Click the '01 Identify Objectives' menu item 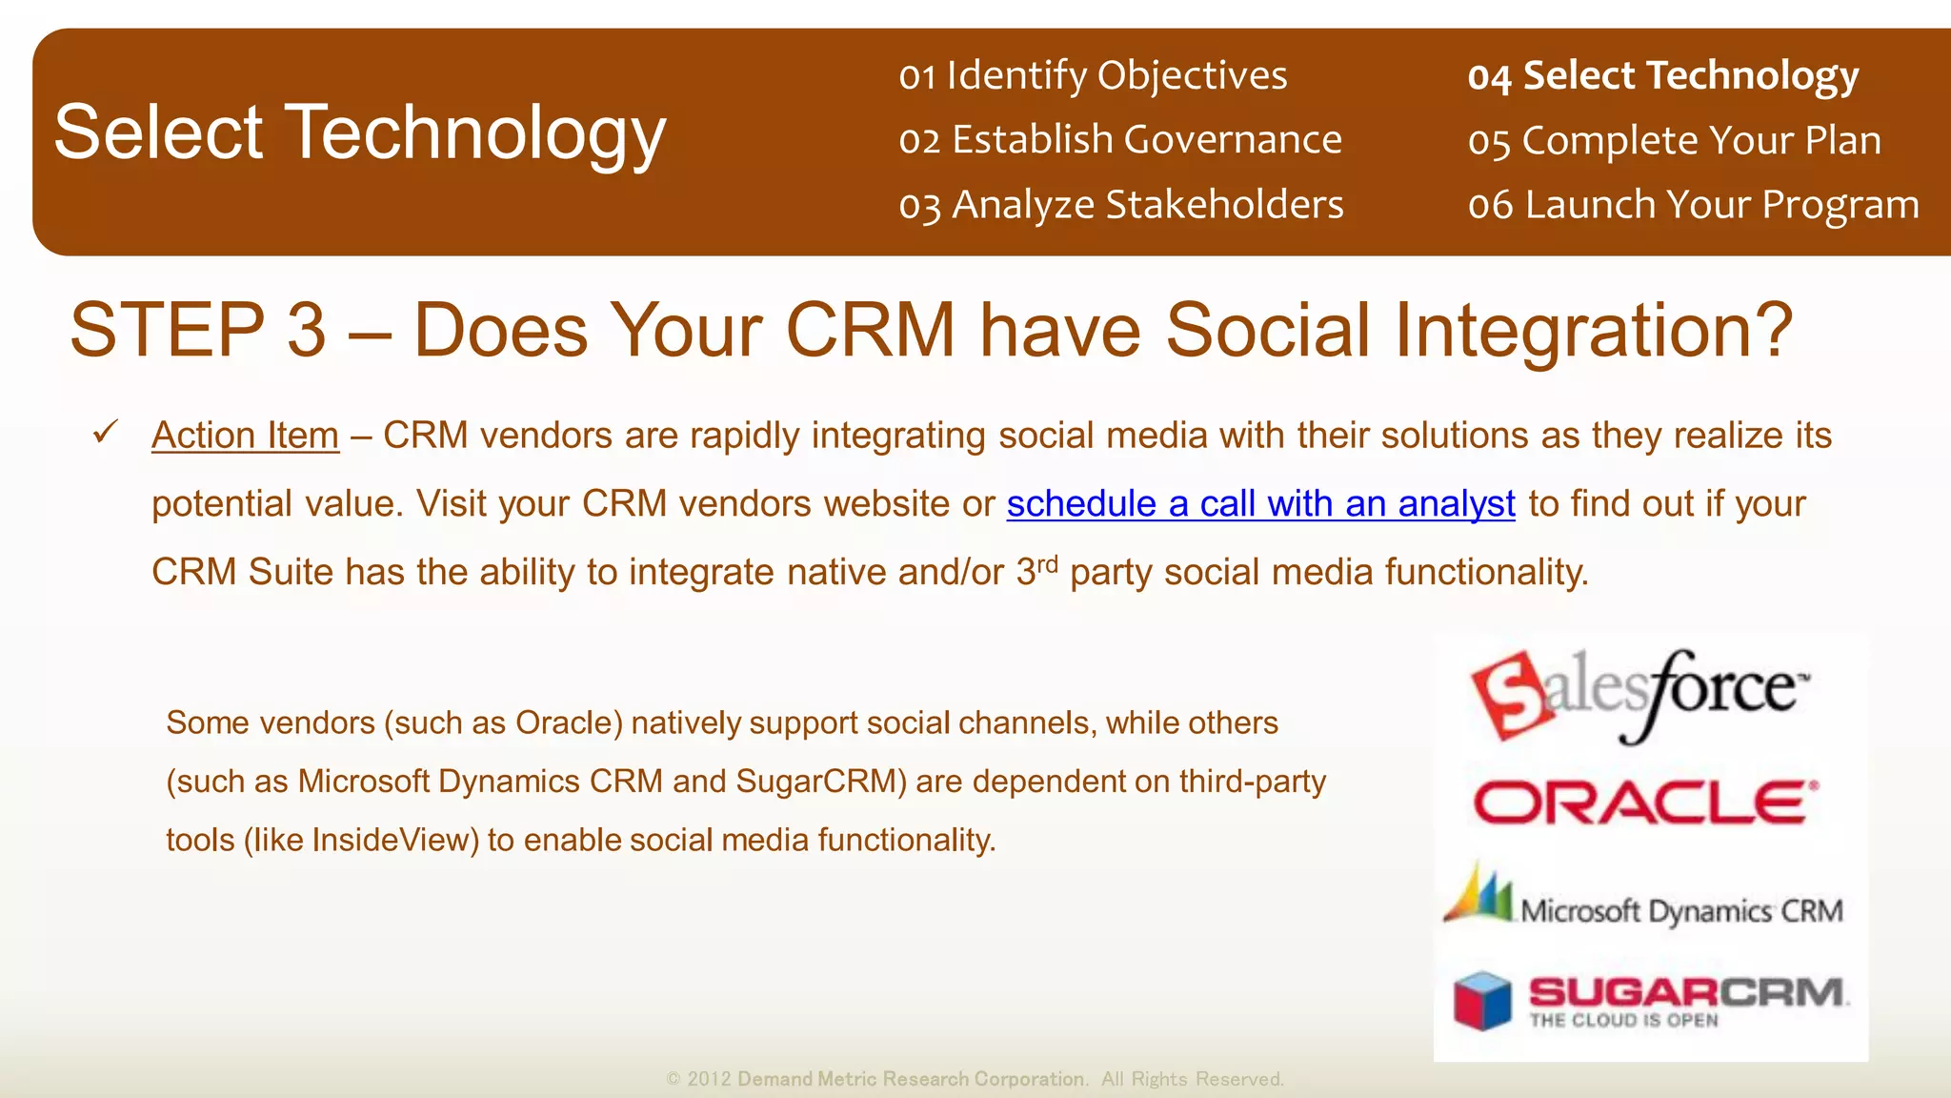[1093, 75]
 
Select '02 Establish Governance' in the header [1120, 140]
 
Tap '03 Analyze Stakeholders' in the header [1121, 205]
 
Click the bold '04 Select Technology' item [1662, 75]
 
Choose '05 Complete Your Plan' [1674, 140]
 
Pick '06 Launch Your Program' [1693, 205]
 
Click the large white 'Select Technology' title [359, 132]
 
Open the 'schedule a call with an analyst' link [1260, 503]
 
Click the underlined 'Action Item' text [245, 436]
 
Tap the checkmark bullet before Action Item [105, 432]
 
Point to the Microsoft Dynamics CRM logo [1644, 902]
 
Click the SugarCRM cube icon [1482, 1001]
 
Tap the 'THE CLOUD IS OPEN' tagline [1623, 1021]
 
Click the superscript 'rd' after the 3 [1047, 563]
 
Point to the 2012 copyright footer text [975, 1079]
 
